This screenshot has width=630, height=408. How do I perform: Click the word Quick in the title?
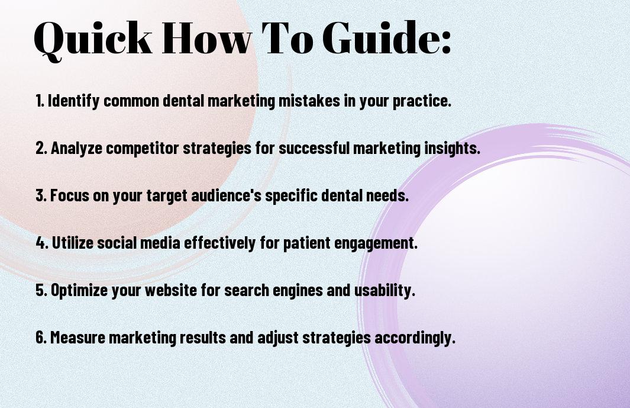(x=93, y=39)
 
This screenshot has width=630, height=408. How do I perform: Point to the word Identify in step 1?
(x=73, y=101)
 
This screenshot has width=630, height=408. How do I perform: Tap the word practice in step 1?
(x=421, y=101)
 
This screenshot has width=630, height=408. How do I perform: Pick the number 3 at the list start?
(x=40, y=195)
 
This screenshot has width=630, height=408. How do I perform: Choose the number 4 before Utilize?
(x=41, y=243)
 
